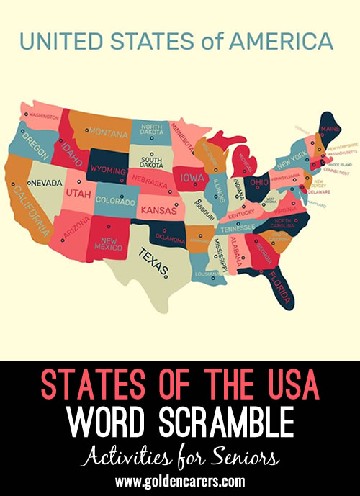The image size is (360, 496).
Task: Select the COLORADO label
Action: (x=116, y=200)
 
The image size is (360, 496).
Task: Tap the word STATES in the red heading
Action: (x=87, y=387)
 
